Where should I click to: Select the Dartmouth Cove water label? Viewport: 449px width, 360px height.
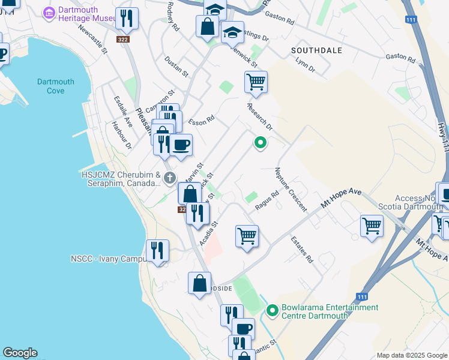click(55, 86)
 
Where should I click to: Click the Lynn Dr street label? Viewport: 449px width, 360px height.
click(306, 66)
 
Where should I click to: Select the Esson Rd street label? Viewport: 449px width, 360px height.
click(202, 121)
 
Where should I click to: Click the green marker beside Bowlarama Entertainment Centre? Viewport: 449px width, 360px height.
click(272, 310)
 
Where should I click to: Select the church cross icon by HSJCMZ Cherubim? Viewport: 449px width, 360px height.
click(170, 178)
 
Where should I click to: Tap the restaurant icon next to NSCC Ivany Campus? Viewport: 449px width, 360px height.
click(157, 250)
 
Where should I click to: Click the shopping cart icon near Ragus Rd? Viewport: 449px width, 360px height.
click(247, 236)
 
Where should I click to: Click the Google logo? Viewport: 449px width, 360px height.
click(20, 353)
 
